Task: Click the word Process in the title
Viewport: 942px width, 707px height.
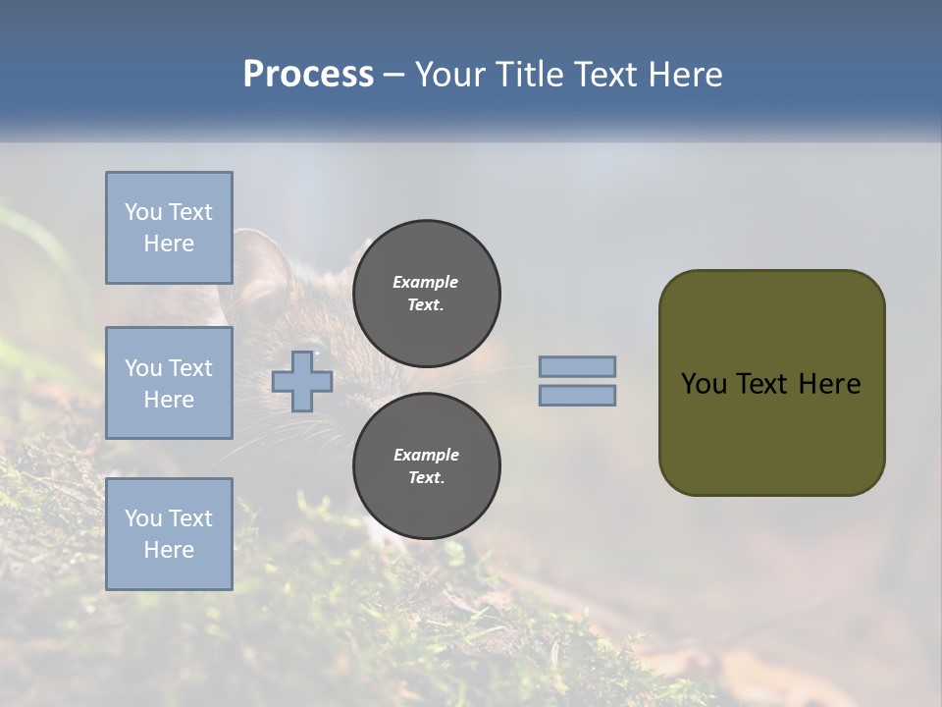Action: [x=308, y=75]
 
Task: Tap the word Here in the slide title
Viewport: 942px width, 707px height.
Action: [x=684, y=75]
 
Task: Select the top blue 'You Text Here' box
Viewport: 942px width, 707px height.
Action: [x=169, y=227]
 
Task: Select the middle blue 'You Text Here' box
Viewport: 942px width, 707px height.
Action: [x=169, y=383]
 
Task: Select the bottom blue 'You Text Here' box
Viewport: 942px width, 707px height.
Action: [x=169, y=533]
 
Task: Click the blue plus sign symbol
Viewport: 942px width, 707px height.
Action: [x=302, y=380]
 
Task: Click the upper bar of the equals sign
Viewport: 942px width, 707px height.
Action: [x=577, y=366]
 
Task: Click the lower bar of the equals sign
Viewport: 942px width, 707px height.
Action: [x=577, y=395]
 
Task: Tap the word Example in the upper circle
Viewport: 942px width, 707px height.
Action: [x=425, y=282]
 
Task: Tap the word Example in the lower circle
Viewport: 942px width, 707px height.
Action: [x=425, y=455]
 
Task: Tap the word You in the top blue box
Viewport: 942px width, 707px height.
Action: [x=143, y=212]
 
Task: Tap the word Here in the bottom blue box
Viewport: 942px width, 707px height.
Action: [x=169, y=550]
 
